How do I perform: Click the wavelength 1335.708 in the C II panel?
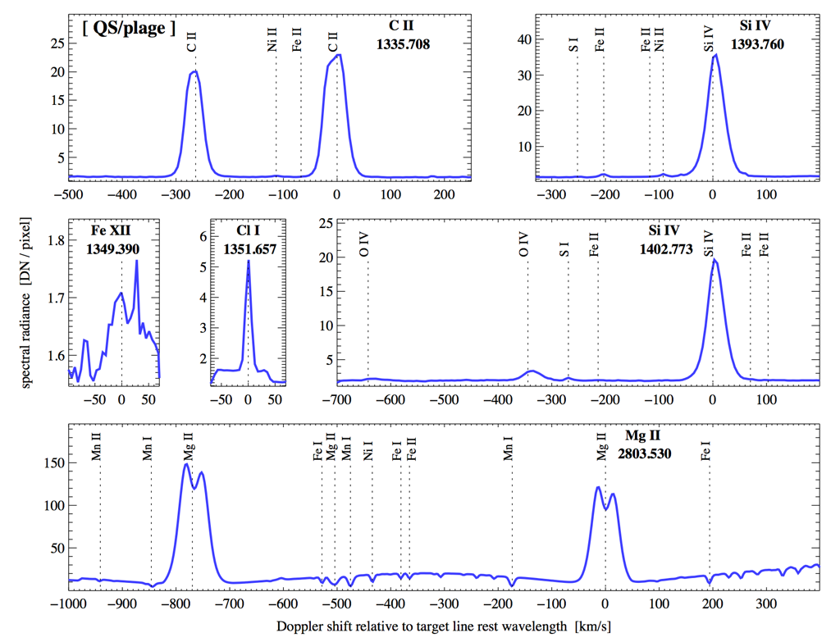pyautogui.click(x=403, y=44)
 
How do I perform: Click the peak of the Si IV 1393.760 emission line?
pyautogui.click(x=716, y=55)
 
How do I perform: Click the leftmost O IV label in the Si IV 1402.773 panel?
pyautogui.click(x=364, y=245)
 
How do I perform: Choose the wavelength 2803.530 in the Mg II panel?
pyautogui.click(x=644, y=452)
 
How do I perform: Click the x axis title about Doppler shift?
pyautogui.click(x=443, y=627)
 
